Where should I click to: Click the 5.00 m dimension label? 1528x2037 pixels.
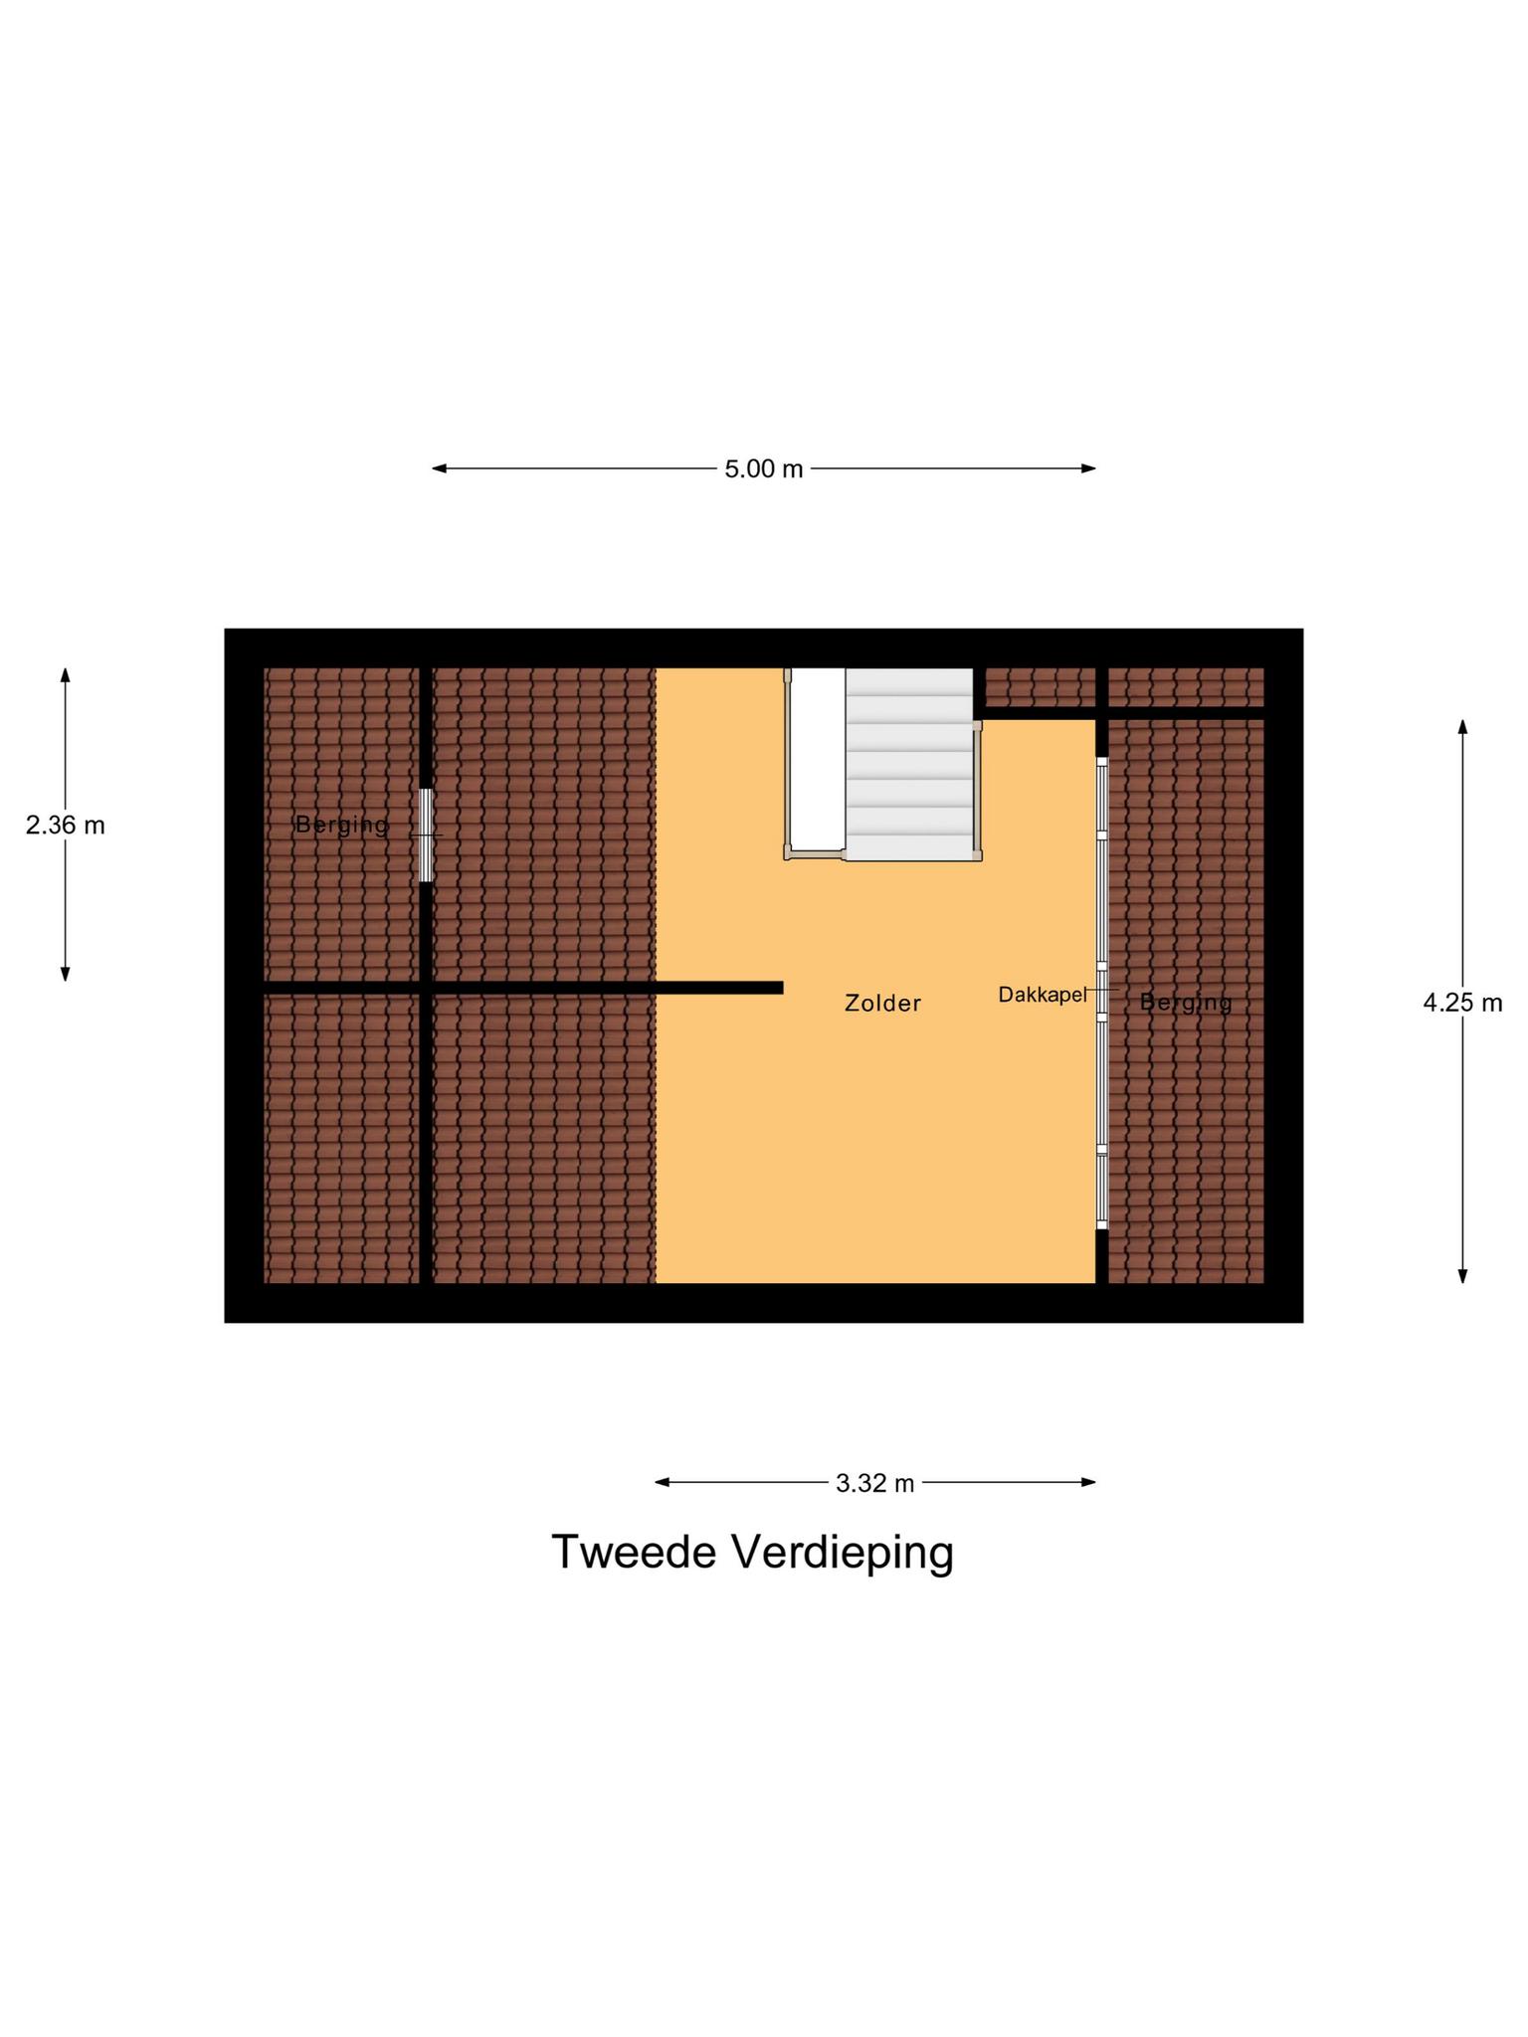coord(763,468)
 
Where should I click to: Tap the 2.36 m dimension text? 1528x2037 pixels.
coord(66,826)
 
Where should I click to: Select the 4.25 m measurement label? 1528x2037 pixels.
coord(1461,1003)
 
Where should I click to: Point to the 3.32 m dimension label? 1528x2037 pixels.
coord(874,1483)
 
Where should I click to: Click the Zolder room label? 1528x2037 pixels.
coord(882,1003)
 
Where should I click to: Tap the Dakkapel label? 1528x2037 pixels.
coord(1042,995)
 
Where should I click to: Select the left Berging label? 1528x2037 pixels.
coord(341,825)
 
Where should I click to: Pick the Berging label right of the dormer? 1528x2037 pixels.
coord(1185,1003)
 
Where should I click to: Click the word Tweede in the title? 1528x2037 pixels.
coord(633,1553)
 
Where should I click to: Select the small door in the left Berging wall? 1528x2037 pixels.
coord(426,834)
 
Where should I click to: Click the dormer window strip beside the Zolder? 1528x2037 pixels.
coord(1102,995)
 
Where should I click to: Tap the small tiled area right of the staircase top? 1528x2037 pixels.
coord(1039,686)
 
